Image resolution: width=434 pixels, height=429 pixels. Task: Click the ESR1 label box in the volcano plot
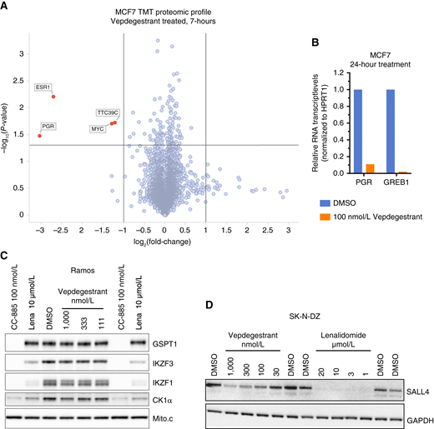coord(43,87)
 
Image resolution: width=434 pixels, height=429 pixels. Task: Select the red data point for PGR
coord(39,136)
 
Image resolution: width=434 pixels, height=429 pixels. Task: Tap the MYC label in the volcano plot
coord(98,129)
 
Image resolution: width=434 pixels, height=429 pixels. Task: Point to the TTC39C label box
coord(108,112)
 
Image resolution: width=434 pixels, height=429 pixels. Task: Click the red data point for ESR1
coord(53,96)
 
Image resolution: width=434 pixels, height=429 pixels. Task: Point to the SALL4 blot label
coord(416,389)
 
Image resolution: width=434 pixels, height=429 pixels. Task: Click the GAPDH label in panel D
coord(417,412)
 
